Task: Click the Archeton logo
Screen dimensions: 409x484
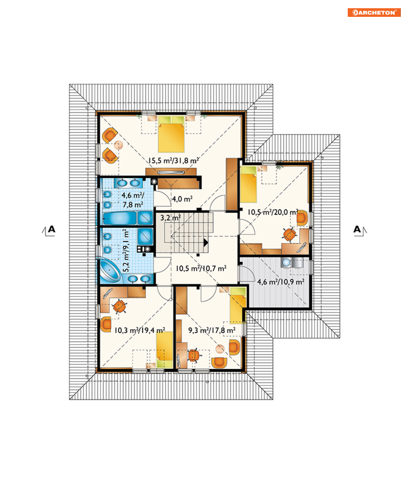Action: click(374, 13)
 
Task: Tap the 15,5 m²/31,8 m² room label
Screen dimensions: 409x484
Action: click(173, 160)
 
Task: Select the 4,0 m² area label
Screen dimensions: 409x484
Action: click(182, 199)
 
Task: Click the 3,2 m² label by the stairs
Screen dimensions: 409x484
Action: click(170, 218)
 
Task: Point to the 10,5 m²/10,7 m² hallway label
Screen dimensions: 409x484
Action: click(201, 269)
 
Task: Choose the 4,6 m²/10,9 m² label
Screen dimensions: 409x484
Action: click(281, 282)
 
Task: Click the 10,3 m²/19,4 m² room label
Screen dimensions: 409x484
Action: click(140, 330)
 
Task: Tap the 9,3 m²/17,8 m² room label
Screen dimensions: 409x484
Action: click(212, 330)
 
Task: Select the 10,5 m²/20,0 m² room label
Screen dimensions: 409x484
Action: click(273, 212)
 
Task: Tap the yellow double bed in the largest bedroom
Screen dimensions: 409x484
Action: click(171, 134)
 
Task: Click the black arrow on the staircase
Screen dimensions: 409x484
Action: click(206, 243)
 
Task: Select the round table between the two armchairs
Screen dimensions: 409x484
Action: click(118, 145)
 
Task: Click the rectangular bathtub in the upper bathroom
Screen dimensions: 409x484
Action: click(120, 218)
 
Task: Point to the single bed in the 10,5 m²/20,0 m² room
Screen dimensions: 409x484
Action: click(249, 184)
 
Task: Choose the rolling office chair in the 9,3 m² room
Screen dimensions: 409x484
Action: click(193, 355)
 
